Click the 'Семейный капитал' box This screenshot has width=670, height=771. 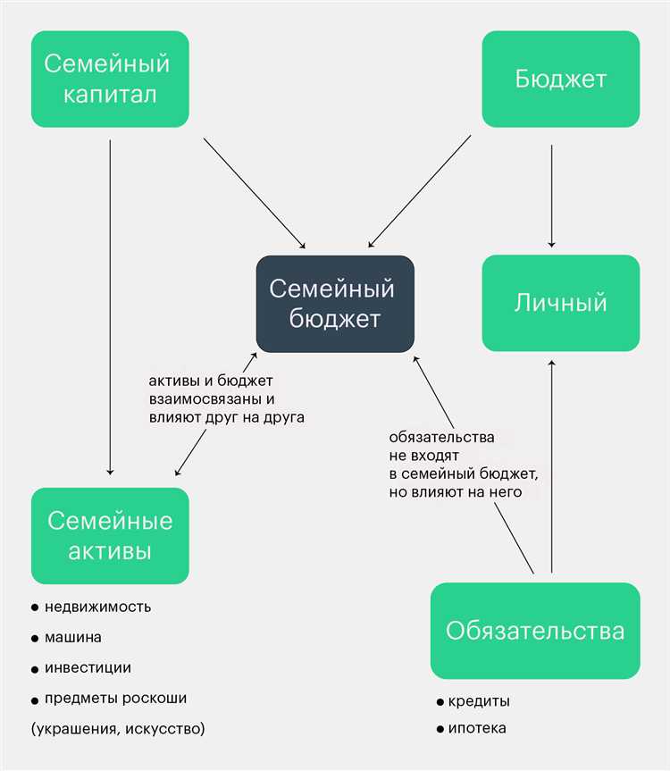[x=110, y=80]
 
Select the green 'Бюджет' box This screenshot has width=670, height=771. [x=561, y=80]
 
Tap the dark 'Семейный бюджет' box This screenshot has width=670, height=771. [x=335, y=304]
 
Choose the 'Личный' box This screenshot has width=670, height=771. [x=561, y=303]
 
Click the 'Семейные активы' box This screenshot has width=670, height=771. [x=110, y=536]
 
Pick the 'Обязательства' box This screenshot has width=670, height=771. [x=535, y=631]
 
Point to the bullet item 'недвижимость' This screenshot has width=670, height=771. [x=91, y=608]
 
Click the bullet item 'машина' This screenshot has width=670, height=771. [x=66, y=638]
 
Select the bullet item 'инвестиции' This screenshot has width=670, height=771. [x=81, y=668]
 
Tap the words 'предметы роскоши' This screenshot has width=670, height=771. [x=115, y=699]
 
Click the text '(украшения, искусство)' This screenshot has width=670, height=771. [x=118, y=728]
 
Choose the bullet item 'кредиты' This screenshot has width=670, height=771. [x=473, y=701]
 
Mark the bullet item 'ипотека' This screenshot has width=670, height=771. [x=471, y=728]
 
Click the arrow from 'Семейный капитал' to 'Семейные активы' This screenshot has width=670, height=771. [x=110, y=307]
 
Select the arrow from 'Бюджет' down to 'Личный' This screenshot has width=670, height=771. [x=551, y=196]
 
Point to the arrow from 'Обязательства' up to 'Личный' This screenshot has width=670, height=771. [x=551, y=466]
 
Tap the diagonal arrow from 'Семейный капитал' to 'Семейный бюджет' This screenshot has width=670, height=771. [x=255, y=193]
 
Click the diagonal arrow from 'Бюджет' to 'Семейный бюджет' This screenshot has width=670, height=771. [x=419, y=191]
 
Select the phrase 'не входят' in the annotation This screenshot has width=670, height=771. [x=423, y=456]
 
